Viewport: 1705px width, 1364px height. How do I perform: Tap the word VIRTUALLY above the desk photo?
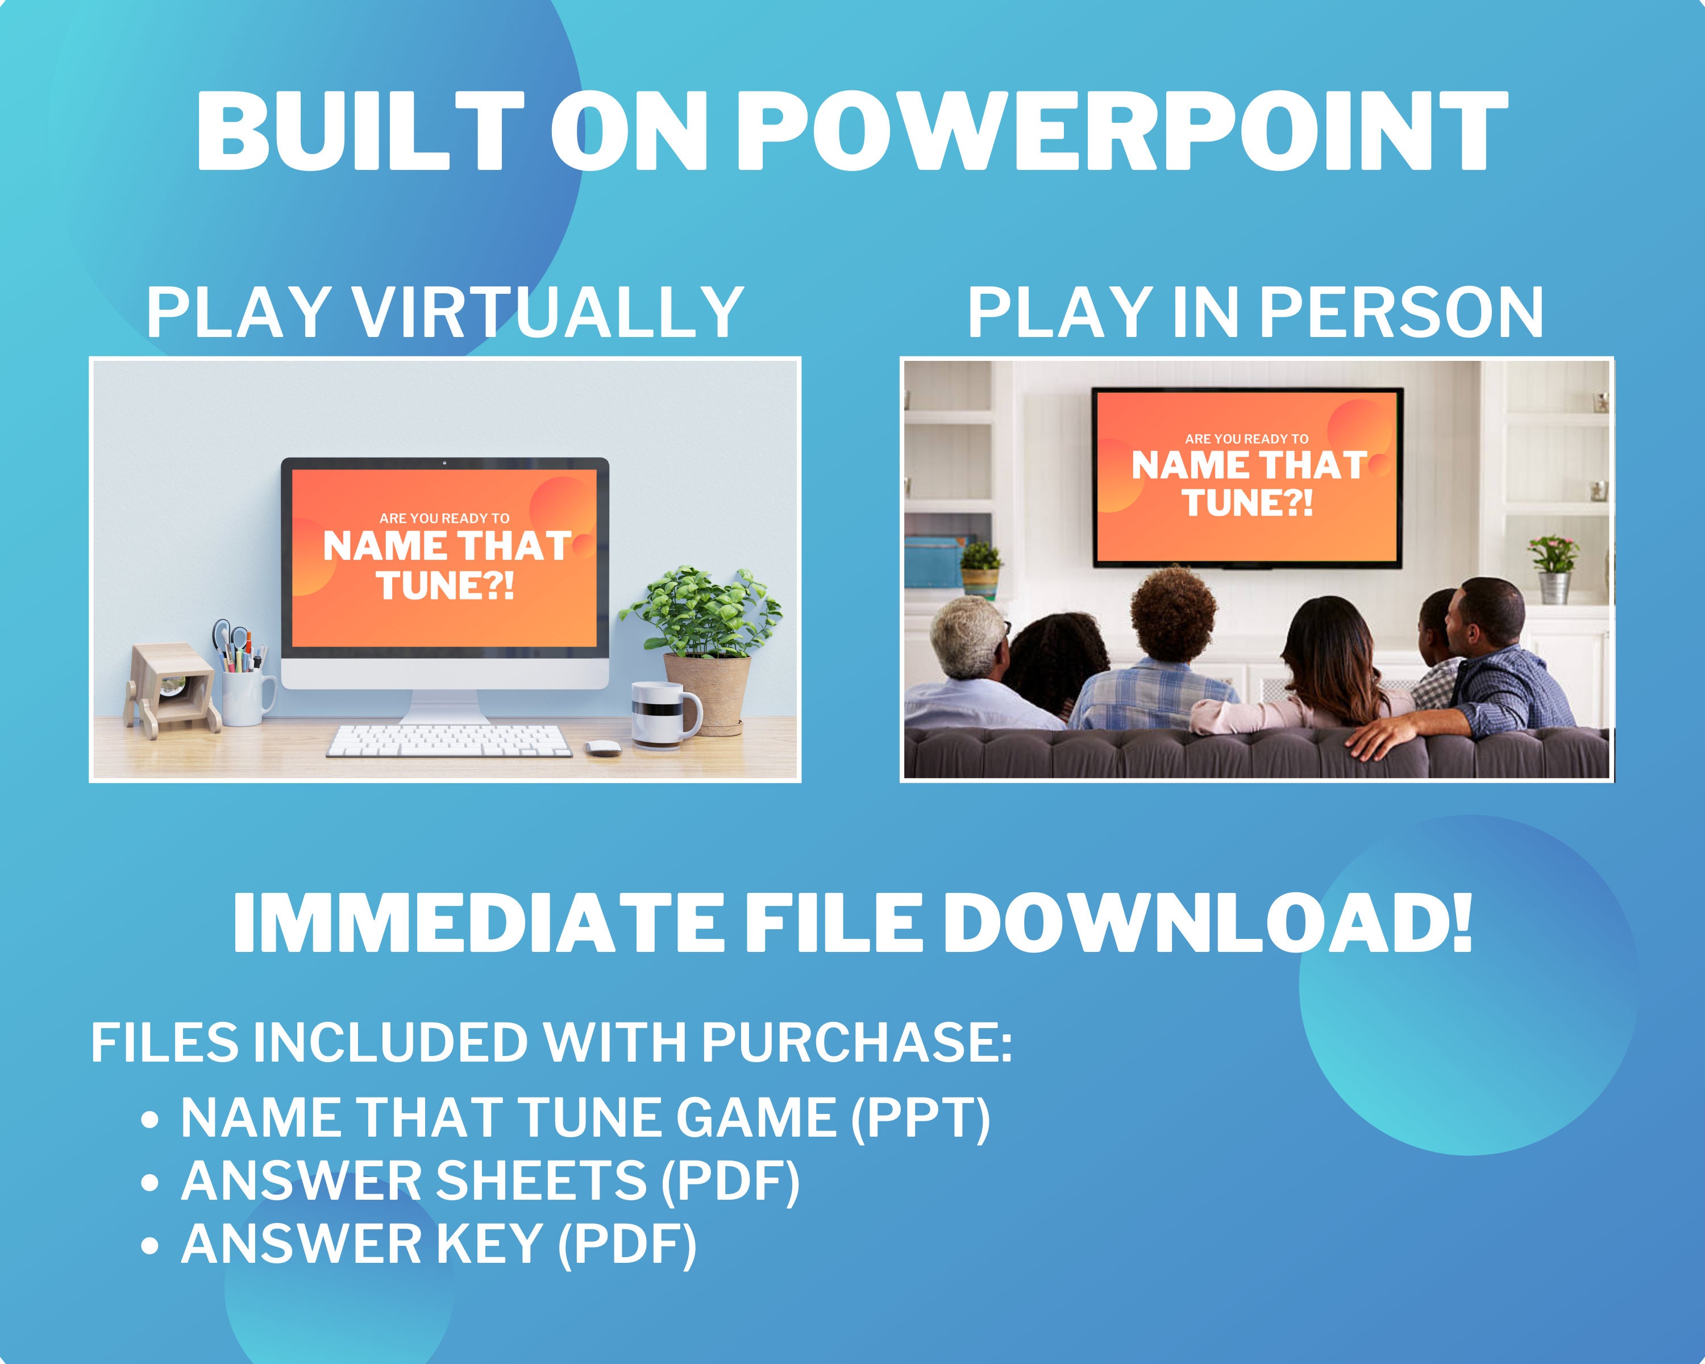click(x=546, y=313)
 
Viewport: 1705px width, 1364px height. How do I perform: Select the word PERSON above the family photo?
click(x=1400, y=313)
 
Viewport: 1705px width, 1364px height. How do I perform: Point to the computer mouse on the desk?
click(x=602, y=747)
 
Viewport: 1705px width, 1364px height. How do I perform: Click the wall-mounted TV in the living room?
click(x=1247, y=477)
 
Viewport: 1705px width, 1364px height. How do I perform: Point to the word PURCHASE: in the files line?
click(x=856, y=1042)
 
